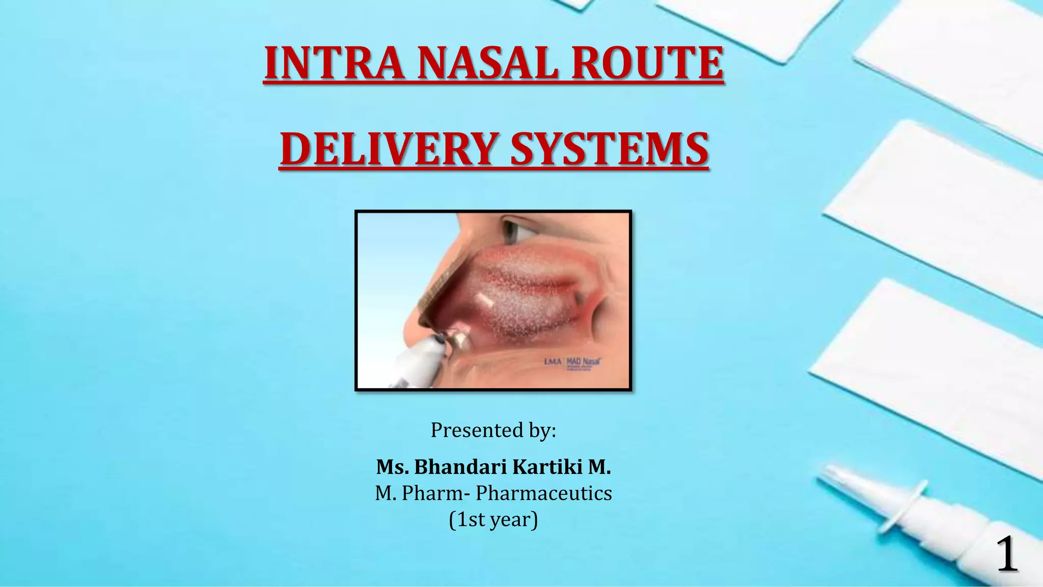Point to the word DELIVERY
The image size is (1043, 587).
389,149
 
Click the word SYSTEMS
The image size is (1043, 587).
609,149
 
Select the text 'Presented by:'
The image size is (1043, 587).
493,430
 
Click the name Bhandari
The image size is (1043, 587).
460,467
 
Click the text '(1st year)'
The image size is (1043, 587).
493,520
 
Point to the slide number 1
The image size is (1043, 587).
1006,555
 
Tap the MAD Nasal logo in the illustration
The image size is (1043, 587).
584,362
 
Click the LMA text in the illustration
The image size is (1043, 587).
553,362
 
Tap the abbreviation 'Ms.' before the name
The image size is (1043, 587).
393,467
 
